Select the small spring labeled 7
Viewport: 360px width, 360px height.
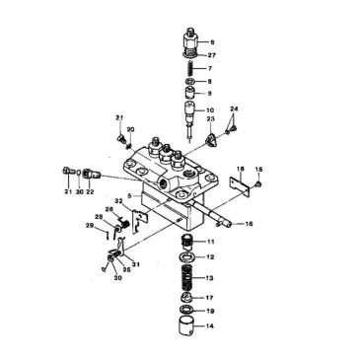[188, 68]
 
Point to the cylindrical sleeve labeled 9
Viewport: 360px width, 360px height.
[188, 94]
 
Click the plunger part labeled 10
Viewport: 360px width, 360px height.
[188, 117]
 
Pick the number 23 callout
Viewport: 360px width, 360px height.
[210, 118]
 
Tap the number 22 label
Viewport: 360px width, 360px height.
[91, 191]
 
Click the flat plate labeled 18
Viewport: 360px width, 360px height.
[236, 186]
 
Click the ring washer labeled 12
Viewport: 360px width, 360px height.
[188, 257]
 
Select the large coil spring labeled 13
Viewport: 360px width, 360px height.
[188, 278]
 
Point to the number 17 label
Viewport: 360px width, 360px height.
[210, 296]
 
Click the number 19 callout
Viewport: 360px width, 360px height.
[210, 310]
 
